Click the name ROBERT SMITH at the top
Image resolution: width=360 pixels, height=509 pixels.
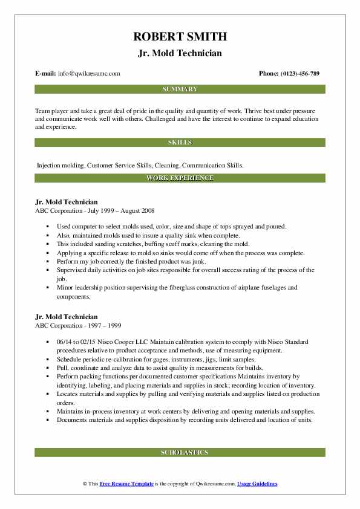[x=180, y=37]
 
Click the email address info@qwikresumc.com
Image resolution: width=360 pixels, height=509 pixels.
[x=89, y=73]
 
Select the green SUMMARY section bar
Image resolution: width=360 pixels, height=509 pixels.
[x=180, y=89]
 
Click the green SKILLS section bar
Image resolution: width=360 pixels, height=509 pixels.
[x=180, y=143]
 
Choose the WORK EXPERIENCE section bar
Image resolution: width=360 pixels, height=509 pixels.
[x=180, y=178]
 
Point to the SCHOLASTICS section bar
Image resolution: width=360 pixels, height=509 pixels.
[x=180, y=452]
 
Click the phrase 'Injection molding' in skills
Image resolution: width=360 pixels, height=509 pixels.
[x=61, y=164]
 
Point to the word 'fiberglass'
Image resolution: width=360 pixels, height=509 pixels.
[x=181, y=288]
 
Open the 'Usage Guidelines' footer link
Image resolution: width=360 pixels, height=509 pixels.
[x=257, y=484]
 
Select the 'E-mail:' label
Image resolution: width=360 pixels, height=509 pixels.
[x=46, y=73]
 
